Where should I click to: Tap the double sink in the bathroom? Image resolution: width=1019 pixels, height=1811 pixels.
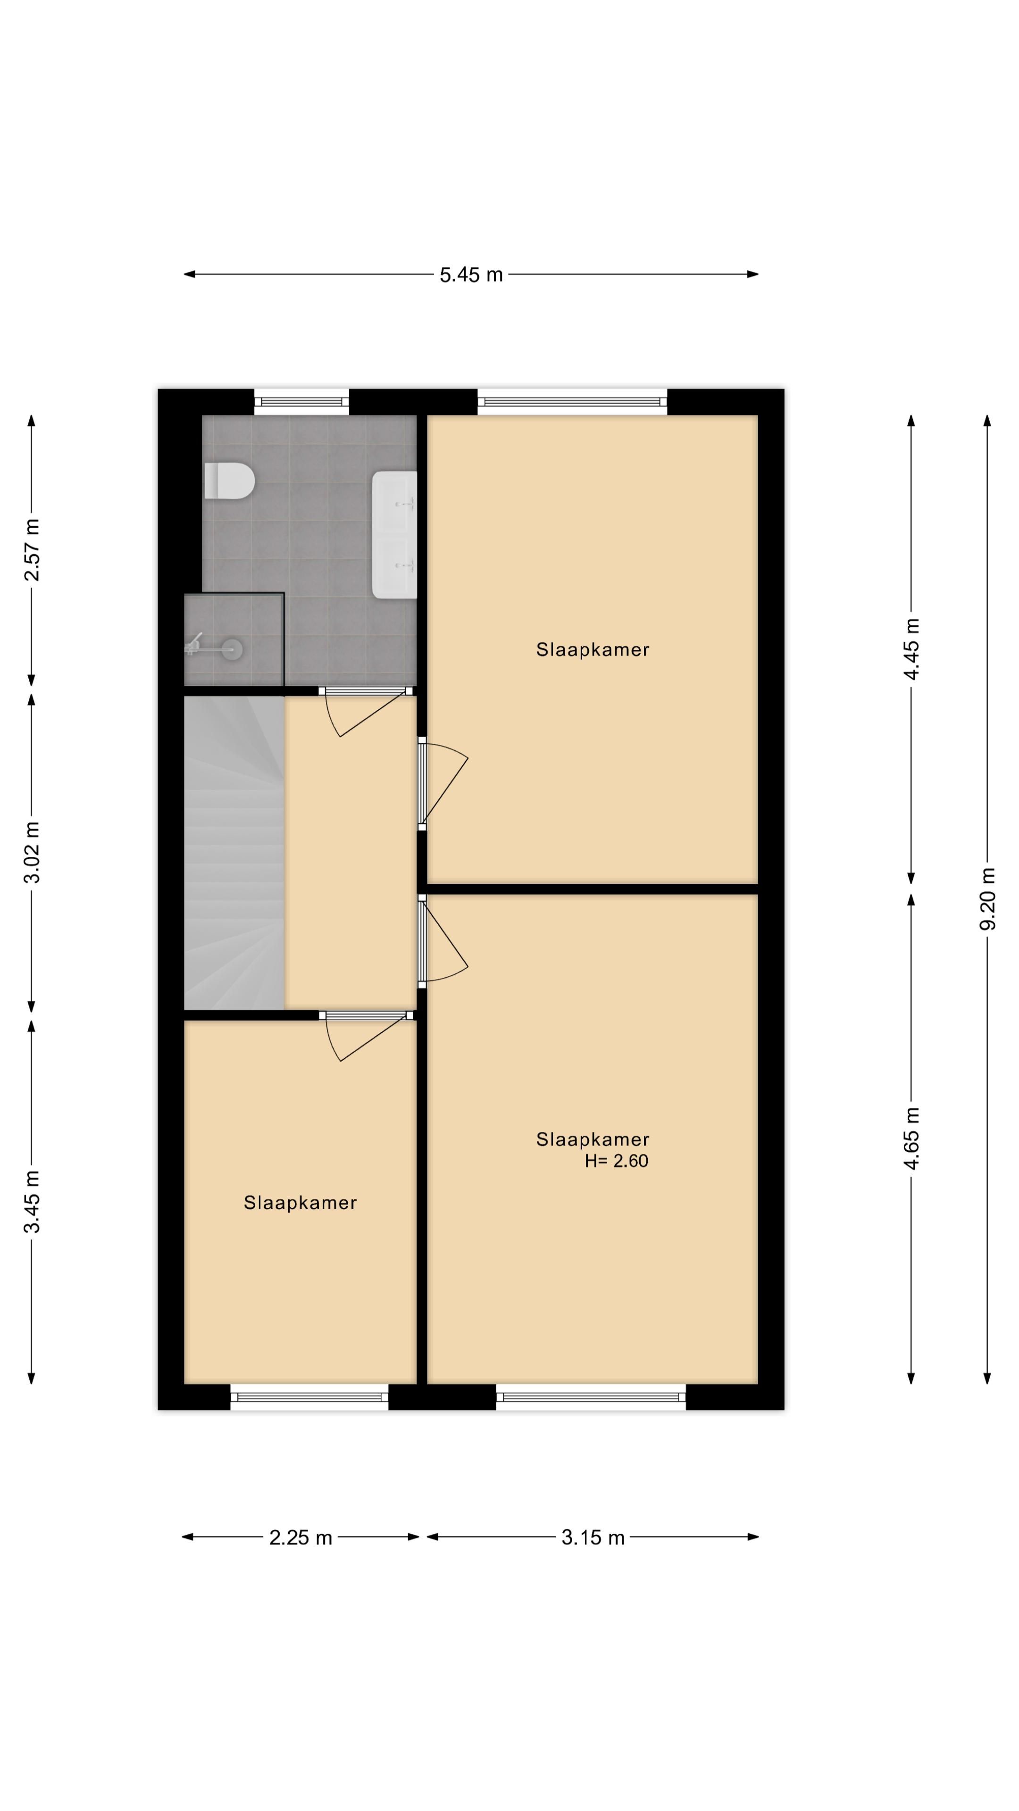click(394, 534)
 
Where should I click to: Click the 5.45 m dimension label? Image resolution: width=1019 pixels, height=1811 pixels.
click(471, 275)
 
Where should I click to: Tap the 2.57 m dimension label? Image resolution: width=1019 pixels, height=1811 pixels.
click(32, 550)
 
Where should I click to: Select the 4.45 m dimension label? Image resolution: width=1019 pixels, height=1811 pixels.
click(911, 649)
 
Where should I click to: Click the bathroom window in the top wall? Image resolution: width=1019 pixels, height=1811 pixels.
click(302, 401)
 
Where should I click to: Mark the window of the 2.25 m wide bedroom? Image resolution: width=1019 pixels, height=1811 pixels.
click(309, 1397)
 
